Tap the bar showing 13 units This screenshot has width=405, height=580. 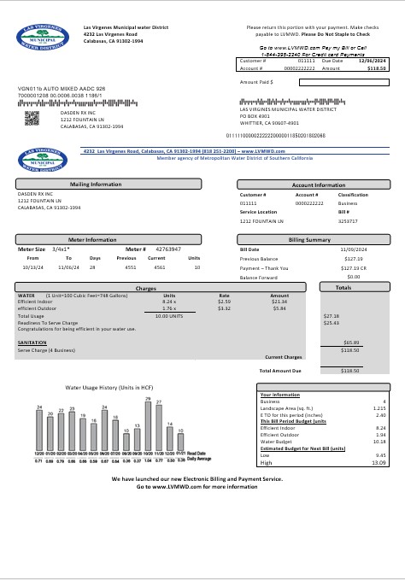tap(138, 436)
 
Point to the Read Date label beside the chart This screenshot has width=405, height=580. tap(197, 453)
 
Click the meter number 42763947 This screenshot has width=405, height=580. tap(168, 249)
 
